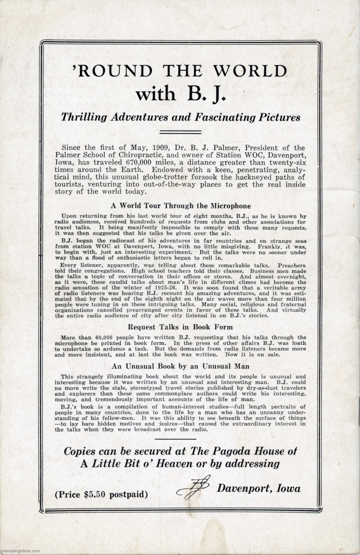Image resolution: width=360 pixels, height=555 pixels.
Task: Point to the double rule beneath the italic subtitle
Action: click(180, 132)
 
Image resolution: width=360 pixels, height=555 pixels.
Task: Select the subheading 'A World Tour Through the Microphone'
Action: click(180, 206)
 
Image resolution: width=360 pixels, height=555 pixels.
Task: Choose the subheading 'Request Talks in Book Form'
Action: click(180, 327)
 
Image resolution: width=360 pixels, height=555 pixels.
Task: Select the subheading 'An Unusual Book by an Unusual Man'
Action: click(180, 366)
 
